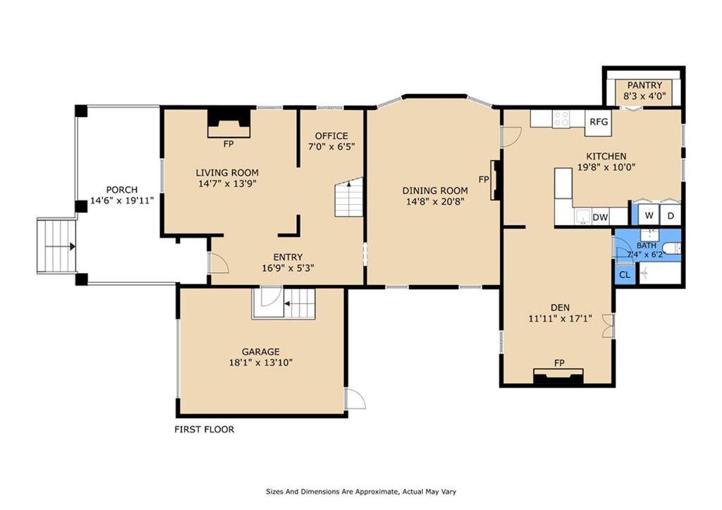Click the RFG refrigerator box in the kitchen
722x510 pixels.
(599, 123)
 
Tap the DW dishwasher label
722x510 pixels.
(600, 217)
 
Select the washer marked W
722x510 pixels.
(649, 215)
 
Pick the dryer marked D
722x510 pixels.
(671, 215)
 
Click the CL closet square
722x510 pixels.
(625, 274)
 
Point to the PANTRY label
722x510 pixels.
(644, 85)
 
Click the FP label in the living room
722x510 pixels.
(228, 144)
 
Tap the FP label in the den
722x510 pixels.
(559, 363)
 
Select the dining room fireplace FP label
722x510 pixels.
(484, 179)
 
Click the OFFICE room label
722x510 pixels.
(331, 136)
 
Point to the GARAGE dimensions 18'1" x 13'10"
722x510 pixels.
(261, 363)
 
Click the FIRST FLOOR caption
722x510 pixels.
(204, 430)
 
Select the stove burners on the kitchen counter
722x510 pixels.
(561, 119)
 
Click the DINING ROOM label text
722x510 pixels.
(435, 190)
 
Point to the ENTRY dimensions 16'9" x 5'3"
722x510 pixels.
(288, 267)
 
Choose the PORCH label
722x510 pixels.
(122, 189)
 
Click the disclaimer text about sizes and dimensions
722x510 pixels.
(361, 492)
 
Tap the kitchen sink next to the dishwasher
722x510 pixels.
(583, 216)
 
